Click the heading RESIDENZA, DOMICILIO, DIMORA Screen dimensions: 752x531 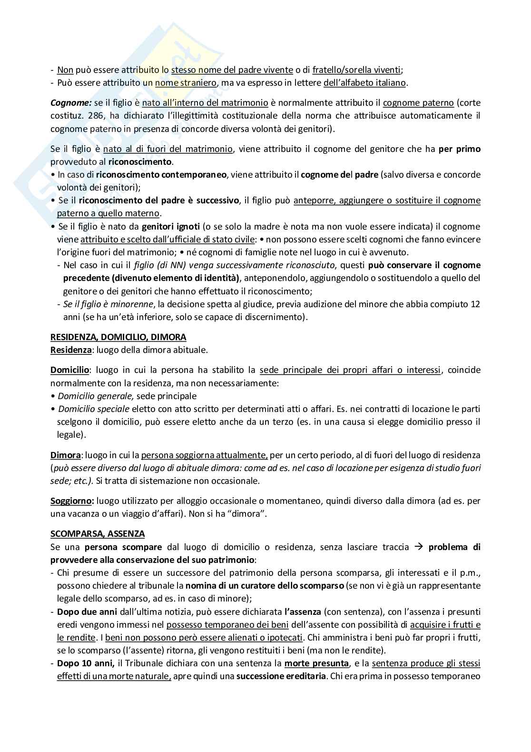118,337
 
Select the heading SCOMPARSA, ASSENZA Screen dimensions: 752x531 98,534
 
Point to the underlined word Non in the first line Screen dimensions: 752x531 65,70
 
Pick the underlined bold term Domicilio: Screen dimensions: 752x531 70,370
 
